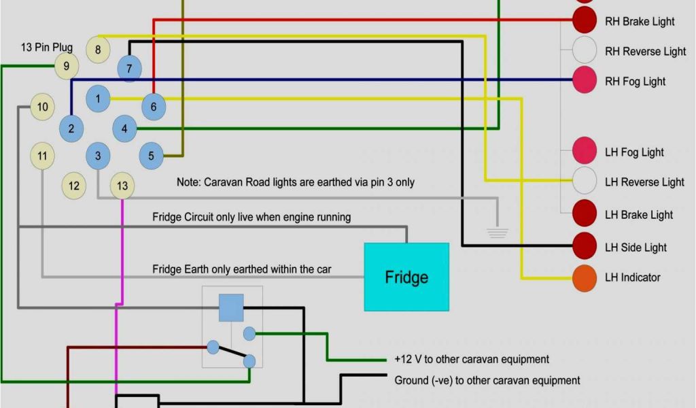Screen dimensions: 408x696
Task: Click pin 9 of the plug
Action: click(x=66, y=66)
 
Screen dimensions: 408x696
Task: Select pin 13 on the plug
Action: click(x=122, y=186)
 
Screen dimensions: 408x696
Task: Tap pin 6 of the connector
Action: click(x=154, y=106)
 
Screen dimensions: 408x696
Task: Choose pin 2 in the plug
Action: click(x=71, y=129)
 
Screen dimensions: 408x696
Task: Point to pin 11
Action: click(x=42, y=156)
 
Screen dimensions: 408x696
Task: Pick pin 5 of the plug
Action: click(x=151, y=156)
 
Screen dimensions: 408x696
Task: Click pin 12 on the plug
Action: click(x=74, y=186)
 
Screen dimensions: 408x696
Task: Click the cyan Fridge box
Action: click(x=406, y=277)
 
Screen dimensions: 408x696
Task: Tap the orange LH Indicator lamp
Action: click(x=585, y=277)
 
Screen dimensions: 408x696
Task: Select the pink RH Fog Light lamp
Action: click(x=585, y=80)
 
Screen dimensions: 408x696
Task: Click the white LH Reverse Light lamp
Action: click(x=585, y=181)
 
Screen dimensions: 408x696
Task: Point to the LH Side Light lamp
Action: click(x=585, y=246)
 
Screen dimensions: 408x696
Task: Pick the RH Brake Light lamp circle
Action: click(x=585, y=20)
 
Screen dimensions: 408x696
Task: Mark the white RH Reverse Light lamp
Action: click(x=585, y=50)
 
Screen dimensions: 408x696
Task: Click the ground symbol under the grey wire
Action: click(x=498, y=232)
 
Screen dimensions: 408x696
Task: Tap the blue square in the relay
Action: click(x=231, y=308)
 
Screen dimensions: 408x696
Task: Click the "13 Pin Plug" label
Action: click(x=46, y=48)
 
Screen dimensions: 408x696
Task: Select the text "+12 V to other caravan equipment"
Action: click(x=472, y=359)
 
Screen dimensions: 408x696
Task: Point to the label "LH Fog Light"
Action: click(x=634, y=152)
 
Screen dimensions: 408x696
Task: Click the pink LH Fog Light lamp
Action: click(x=585, y=150)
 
